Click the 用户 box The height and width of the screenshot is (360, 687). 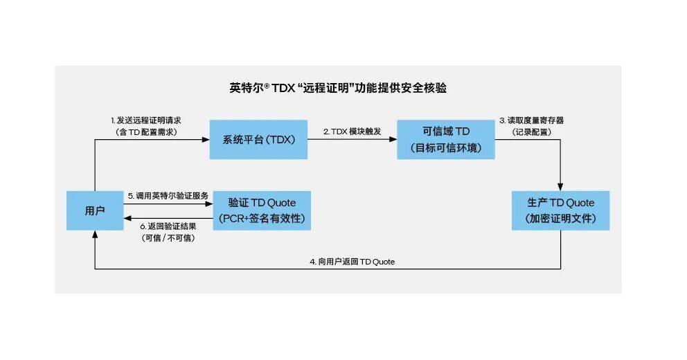(95, 210)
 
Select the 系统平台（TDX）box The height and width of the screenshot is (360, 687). (259, 139)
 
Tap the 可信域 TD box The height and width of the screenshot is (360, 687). (446, 139)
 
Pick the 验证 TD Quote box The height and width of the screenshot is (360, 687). (262, 210)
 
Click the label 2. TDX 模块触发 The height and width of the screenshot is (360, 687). (352, 132)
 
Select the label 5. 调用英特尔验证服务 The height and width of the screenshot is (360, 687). (168, 196)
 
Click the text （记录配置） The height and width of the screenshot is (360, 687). (531, 132)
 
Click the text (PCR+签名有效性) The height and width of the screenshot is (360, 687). (262, 219)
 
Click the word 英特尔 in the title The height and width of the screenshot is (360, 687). (245, 88)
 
